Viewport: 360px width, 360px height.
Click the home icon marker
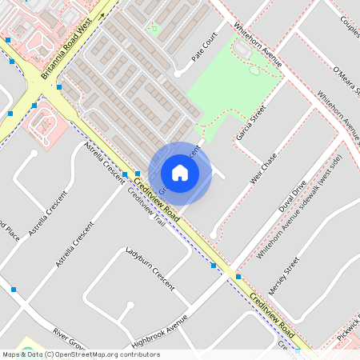point(180,173)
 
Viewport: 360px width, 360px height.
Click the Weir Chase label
point(262,168)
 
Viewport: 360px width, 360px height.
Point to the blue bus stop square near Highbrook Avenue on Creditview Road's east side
point(238,277)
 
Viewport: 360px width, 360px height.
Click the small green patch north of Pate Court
point(155,30)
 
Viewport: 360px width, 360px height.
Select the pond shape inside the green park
point(254,70)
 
